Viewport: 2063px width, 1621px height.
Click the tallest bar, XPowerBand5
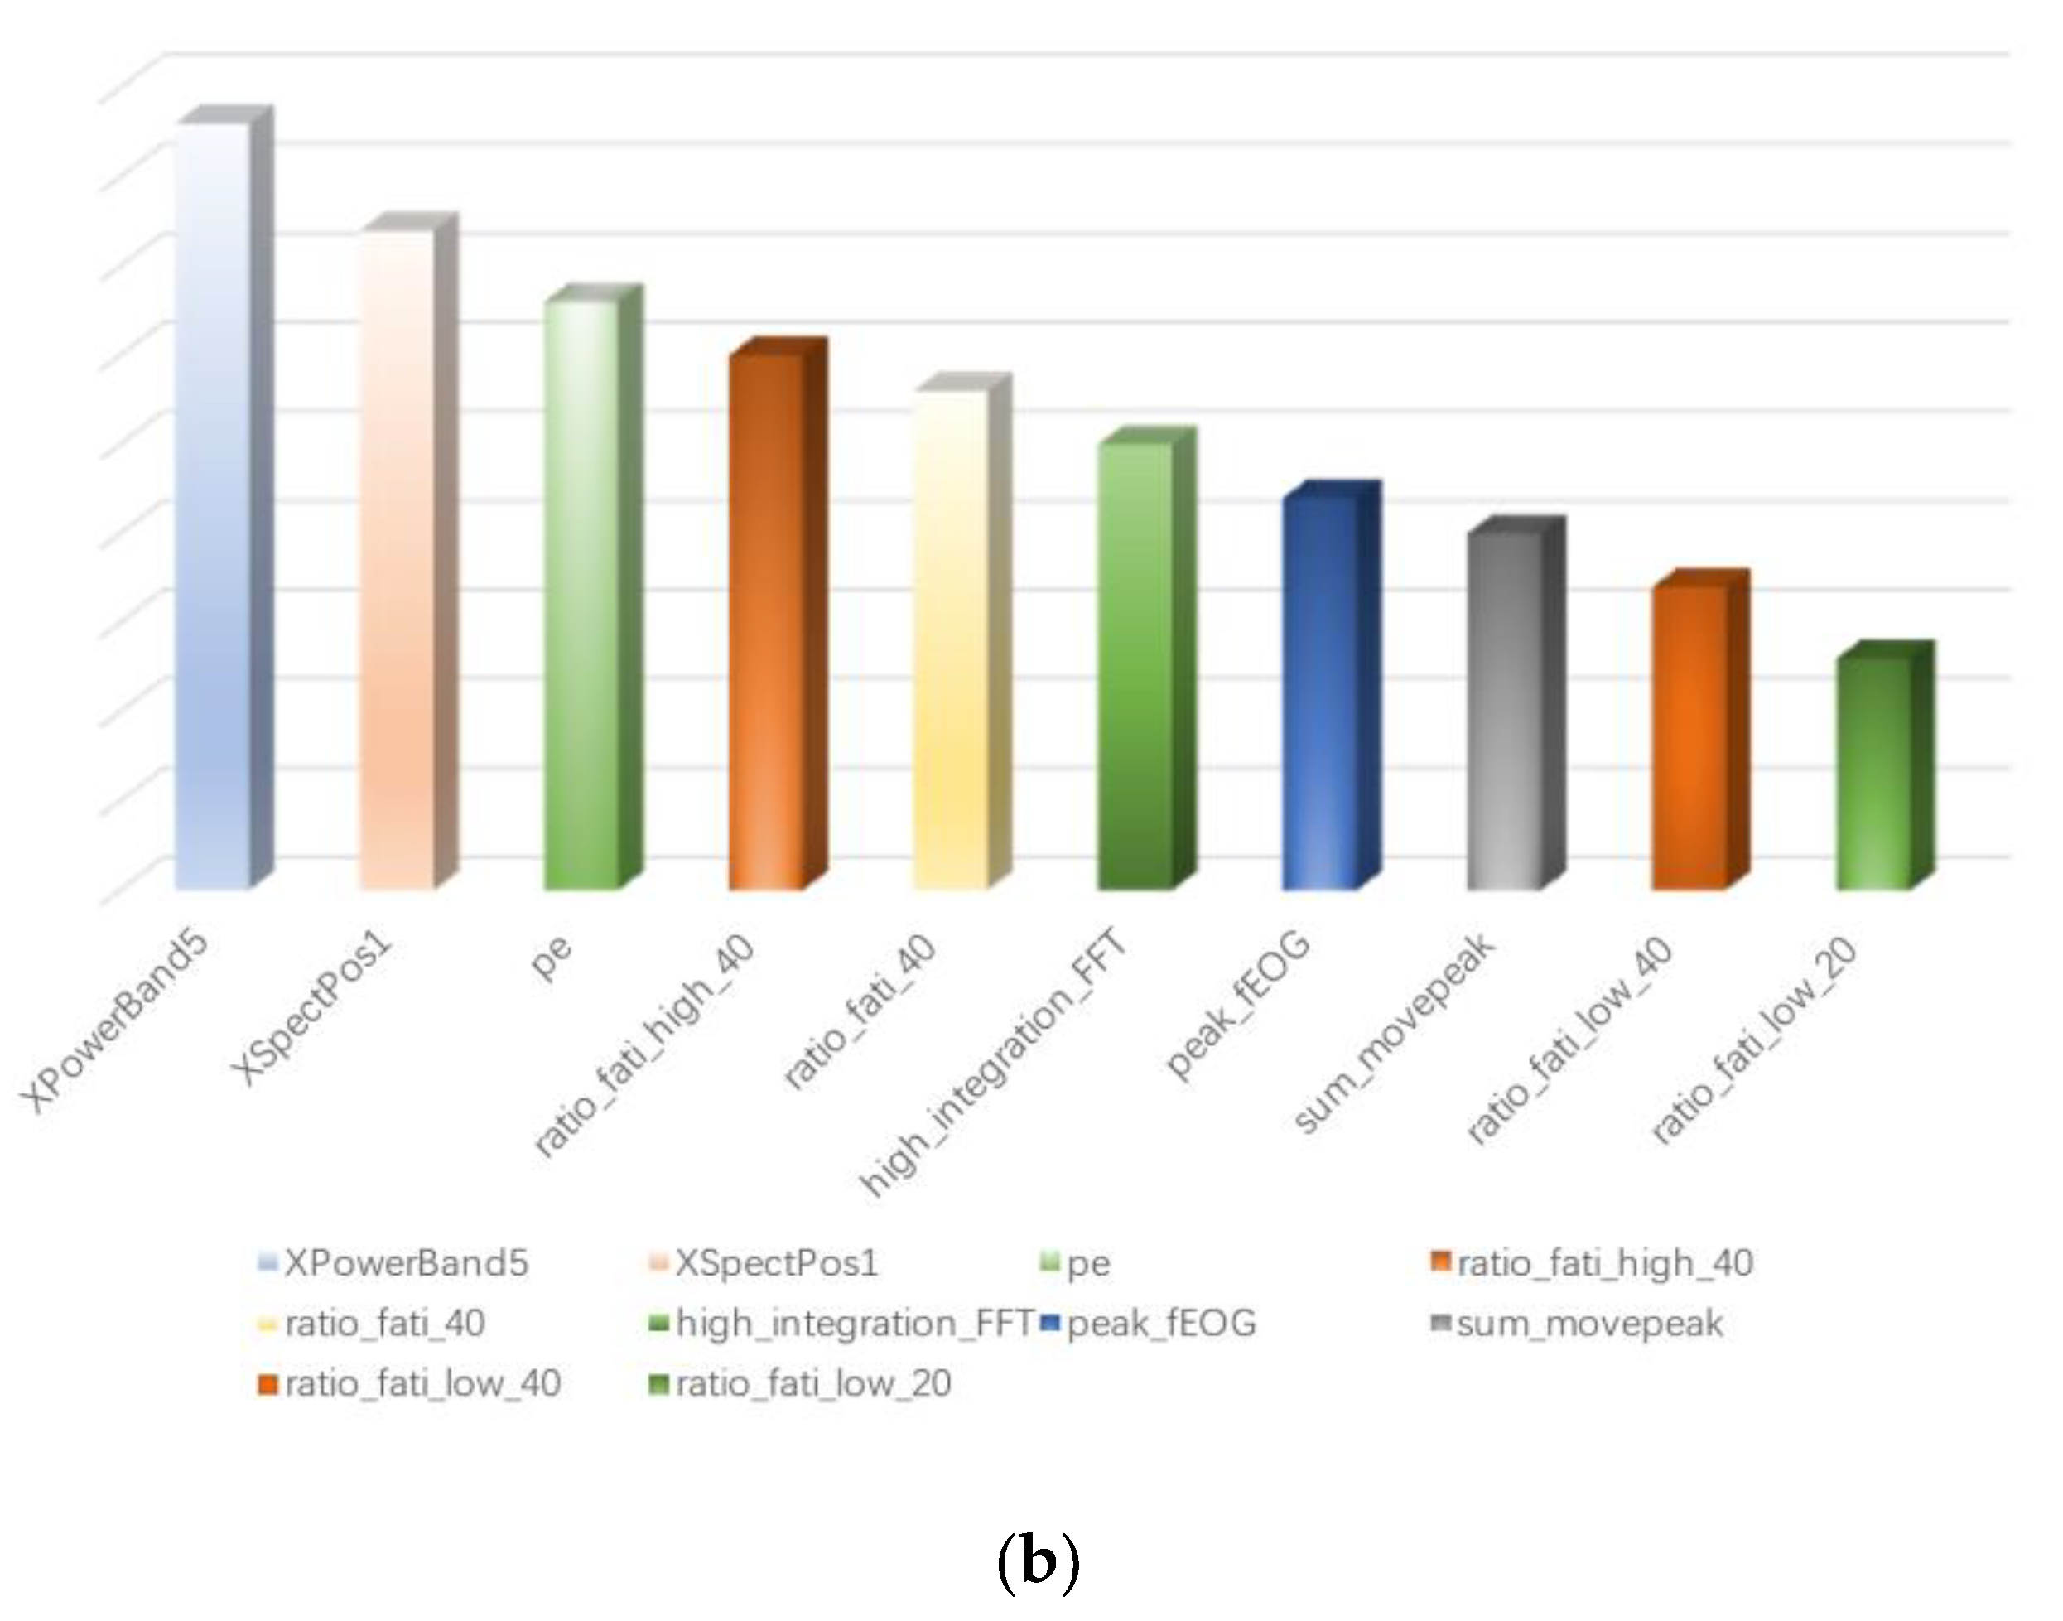pyautogui.click(x=214, y=503)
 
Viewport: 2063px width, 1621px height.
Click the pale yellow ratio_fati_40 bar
pyautogui.click(x=951, y=640)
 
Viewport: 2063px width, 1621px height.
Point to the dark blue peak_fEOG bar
pyautogui.click(x=1320, y=692)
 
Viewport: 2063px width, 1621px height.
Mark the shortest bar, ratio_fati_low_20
pyautogui.click(x=1873, y=773)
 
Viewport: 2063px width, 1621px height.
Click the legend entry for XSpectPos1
pyautogui.click(x=775, y=1263)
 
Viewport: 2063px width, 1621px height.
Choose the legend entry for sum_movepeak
pyautogui.click(x=1588, y=1323)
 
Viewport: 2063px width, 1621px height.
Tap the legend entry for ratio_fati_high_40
pyautogui.click(x=1603, y=1263)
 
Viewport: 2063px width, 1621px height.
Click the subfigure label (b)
pyautogui.click(x=1039, y=1562)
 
